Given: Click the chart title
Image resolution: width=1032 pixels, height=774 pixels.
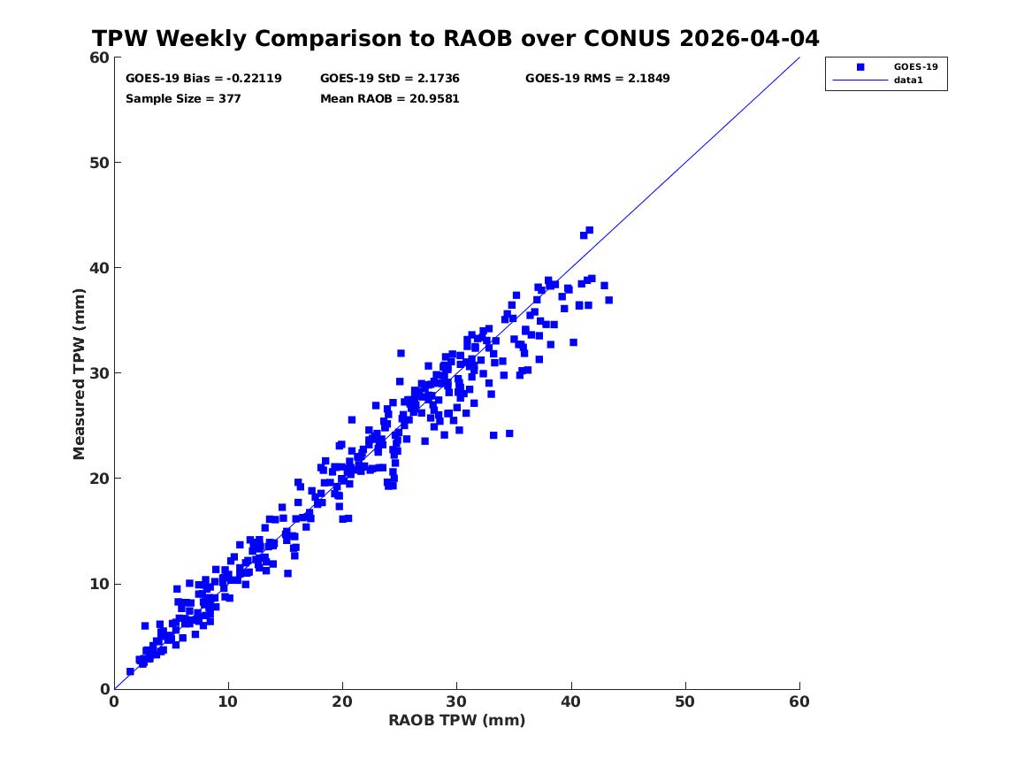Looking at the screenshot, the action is [455, 38].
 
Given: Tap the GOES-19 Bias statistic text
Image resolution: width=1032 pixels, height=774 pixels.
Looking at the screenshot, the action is [203, 79].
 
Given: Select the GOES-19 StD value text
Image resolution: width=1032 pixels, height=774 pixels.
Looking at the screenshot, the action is [390, 79].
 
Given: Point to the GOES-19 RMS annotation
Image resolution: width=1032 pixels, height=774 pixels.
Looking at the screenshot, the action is [598, 79].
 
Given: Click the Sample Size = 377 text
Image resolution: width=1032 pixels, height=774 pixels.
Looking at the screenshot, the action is [183, 99].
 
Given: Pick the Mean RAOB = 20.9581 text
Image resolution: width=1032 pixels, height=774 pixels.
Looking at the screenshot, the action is [390, 99].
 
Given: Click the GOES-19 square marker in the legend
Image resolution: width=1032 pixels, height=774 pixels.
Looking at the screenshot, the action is [860, 67].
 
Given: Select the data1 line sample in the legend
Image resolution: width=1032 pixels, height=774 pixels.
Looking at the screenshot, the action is [860, 80].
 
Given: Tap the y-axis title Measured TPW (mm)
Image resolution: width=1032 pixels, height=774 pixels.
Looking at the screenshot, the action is [79, 374].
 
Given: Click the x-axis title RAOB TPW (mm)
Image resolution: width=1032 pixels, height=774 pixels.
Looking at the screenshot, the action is [457, 720].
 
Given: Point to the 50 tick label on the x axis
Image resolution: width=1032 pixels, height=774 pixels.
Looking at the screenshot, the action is [685, 701].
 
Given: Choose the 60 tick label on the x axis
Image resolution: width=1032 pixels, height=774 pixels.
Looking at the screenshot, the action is [799, 701].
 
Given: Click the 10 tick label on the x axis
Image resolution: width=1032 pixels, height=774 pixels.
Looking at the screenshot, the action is [228, 701].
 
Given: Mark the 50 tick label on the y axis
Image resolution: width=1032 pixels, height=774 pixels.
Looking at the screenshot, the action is [99, 163].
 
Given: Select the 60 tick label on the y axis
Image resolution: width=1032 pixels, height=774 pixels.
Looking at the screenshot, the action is [99, 57].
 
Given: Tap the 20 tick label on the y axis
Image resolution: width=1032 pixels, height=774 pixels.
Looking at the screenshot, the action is [99, 479].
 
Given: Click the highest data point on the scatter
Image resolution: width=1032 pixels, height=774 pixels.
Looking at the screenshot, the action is [589, 230].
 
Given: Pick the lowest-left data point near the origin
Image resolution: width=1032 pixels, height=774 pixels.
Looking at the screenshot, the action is [130, 672].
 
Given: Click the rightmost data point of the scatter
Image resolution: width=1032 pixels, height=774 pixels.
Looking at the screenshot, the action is [608, 300].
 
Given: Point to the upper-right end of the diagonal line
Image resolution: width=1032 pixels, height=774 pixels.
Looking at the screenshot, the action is [799, 57].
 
